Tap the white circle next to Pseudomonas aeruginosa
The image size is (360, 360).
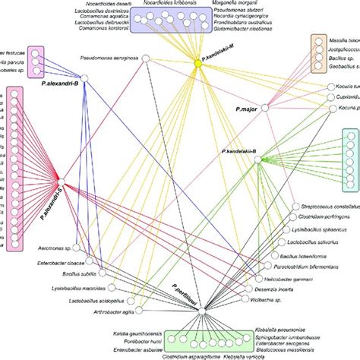[x=149, y=58]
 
